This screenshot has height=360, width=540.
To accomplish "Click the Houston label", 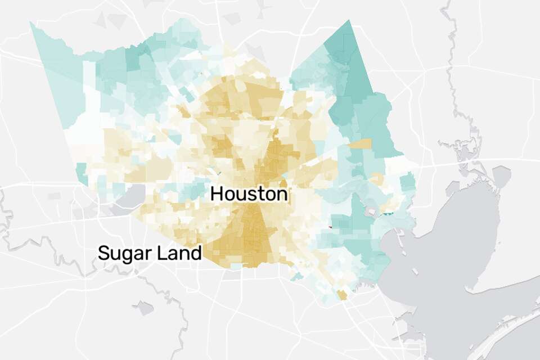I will (x=249, y=195).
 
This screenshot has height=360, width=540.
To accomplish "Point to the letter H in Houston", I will (x=217, y=195).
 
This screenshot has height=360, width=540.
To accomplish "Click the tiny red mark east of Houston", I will (x=330, y=227).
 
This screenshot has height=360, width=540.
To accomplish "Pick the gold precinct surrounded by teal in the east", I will (x=360, y=144).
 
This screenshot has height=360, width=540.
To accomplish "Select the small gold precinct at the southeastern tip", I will (x=341, y=295).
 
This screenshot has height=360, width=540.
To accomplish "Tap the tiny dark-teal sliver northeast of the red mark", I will (x=388, y=213).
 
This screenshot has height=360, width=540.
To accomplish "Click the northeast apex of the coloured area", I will (x=349, y=21).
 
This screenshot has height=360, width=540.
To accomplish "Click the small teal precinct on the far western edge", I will (x=82, y=169).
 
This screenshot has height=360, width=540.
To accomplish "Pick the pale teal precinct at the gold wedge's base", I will (x=237, y=265).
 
